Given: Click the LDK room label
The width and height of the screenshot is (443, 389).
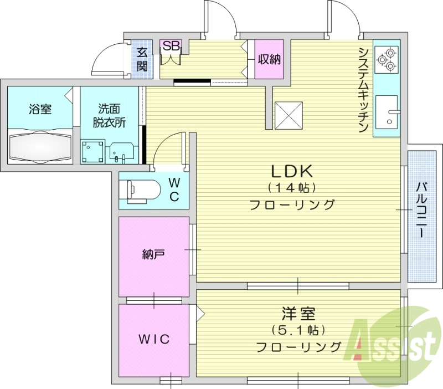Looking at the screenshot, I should (x=292, y=170).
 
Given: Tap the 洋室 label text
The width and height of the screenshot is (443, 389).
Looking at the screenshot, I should (x=298, y=314).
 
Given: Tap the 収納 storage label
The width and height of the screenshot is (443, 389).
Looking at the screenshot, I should (x=270, y=58).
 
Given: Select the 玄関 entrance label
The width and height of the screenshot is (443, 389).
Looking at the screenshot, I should (x=142, y=60).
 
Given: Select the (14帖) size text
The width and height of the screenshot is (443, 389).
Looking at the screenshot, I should (x=292, y=187).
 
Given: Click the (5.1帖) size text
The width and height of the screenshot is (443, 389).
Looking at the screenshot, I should (x=298, y=330).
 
